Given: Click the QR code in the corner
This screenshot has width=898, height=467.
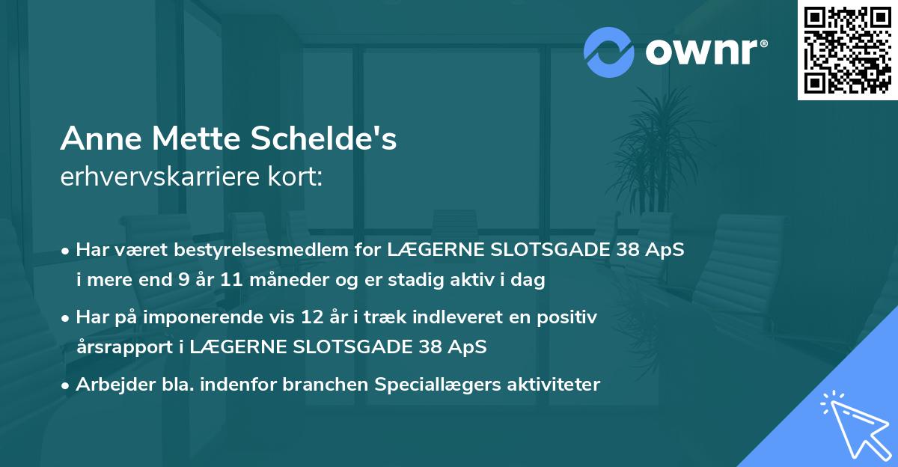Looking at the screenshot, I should tap(848, 49).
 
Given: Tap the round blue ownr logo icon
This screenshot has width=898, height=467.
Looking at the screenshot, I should tap(609, 52).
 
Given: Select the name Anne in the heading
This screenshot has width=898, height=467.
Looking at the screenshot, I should tap(101, 139).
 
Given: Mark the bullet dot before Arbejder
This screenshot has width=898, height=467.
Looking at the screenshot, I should tap(67, 385).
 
